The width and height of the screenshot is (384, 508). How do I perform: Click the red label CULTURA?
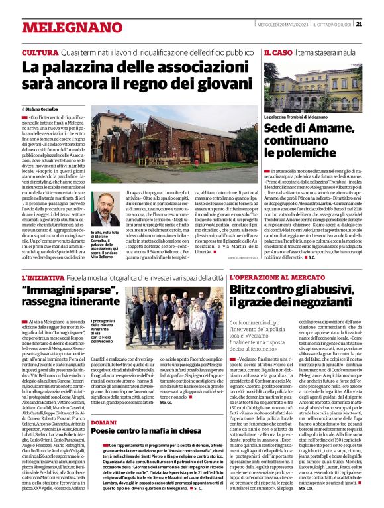click(x=39, y=52)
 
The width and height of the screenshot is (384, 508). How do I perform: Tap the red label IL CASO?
click(x=277, y=52)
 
